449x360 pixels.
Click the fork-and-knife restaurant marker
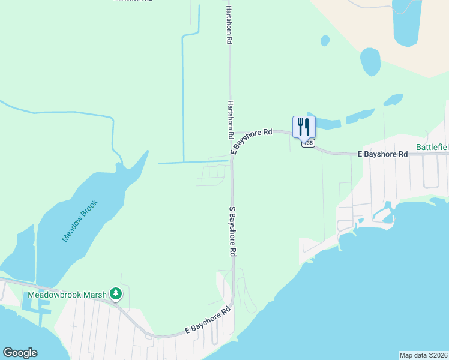[304, 127]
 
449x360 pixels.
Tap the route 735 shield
[308, 143]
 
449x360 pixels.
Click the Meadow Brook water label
[79, 220]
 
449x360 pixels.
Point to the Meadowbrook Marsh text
[67, 295]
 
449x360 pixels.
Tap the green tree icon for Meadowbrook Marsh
[116, 294]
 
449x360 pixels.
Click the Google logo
[20, 353]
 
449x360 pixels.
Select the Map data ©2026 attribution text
[424, 355]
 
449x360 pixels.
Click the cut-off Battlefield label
[433, 147]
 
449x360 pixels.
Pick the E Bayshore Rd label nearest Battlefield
[382, 154]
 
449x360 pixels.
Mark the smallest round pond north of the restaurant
[325, 40]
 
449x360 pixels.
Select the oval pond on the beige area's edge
[370, 61]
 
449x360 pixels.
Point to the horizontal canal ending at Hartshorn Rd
[192, 162]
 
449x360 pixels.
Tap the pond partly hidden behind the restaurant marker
[324, 124]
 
